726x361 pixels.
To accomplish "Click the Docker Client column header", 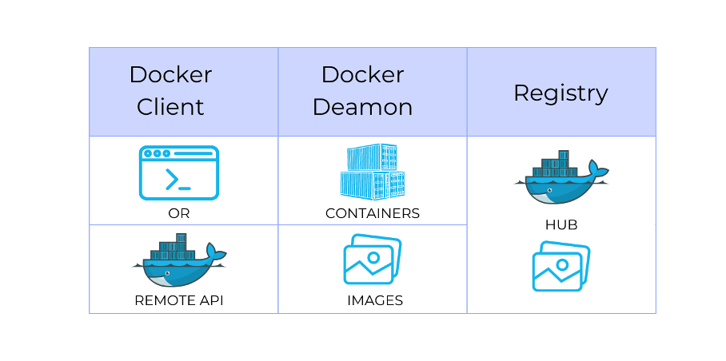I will [x=170, y=91].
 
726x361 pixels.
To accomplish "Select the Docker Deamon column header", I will [x=362, y=91].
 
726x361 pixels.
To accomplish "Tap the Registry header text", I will [x=560, y=93].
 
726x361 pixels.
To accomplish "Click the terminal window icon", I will [x=178, y=173].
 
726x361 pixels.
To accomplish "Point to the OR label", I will [x=179, y=214].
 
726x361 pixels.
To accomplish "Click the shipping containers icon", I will [x=372, y=172].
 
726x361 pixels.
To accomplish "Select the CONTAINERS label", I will [x=373, y=214].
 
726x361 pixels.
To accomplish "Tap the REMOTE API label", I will [x=179, y=301].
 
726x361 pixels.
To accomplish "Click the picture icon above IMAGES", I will [x=372, y=260].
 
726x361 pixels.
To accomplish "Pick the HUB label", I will [x=561, y=225].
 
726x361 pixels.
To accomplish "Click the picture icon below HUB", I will [x=561, y=267].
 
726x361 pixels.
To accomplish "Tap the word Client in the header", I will [x=170, y=107].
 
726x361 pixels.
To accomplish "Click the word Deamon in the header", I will [x=362, y=107].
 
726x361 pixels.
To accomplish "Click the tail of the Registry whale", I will [x=596, y=170].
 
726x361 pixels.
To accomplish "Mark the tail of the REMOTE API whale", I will [x=215, y=254].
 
